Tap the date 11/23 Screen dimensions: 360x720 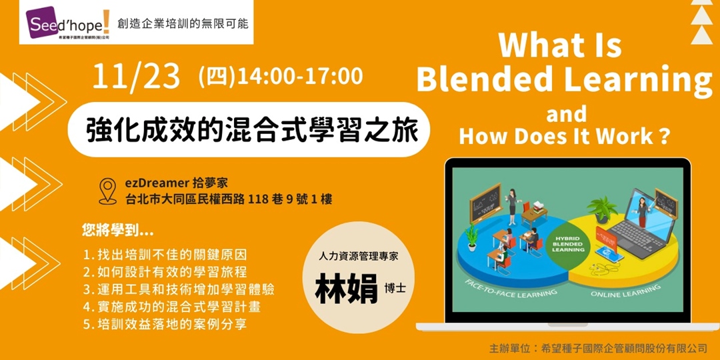pyautogui.click(x=137, y=77)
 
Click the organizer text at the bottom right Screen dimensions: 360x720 pyautogui.click(x=597, y=349)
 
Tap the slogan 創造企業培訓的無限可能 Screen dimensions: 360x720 pyautogui.click(x=182, y=23)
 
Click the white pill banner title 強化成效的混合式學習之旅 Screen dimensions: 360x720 pyautogui.click(x=252, y=129)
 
